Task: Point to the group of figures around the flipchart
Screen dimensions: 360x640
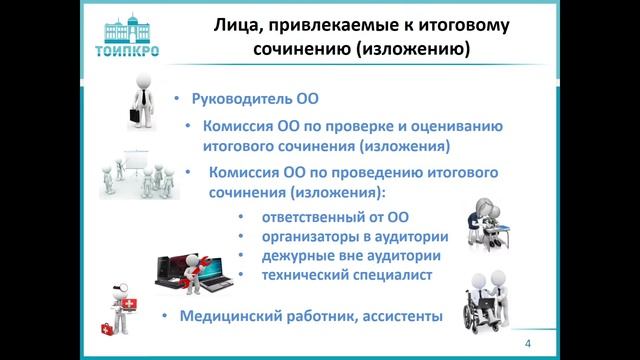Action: tap(139, 174)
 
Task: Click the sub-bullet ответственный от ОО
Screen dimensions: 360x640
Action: tap(336, 218)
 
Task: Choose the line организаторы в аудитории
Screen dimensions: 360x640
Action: tap(354, 237)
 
